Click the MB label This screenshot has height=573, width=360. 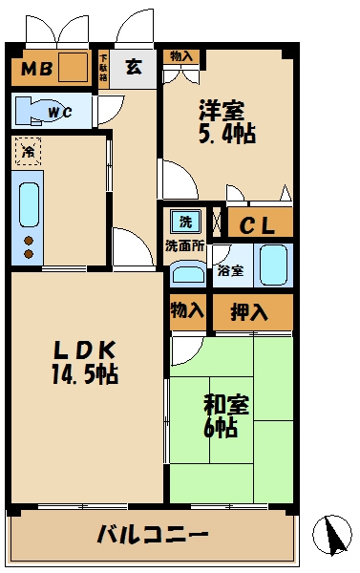32,70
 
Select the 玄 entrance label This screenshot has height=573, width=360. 135,68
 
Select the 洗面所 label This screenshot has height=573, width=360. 184,245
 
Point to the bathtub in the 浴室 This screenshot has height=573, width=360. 274,265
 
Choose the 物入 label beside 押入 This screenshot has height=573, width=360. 188,311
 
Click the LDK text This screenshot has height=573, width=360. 85,350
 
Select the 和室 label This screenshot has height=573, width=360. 226,405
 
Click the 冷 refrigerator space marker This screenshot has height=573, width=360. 29,151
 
